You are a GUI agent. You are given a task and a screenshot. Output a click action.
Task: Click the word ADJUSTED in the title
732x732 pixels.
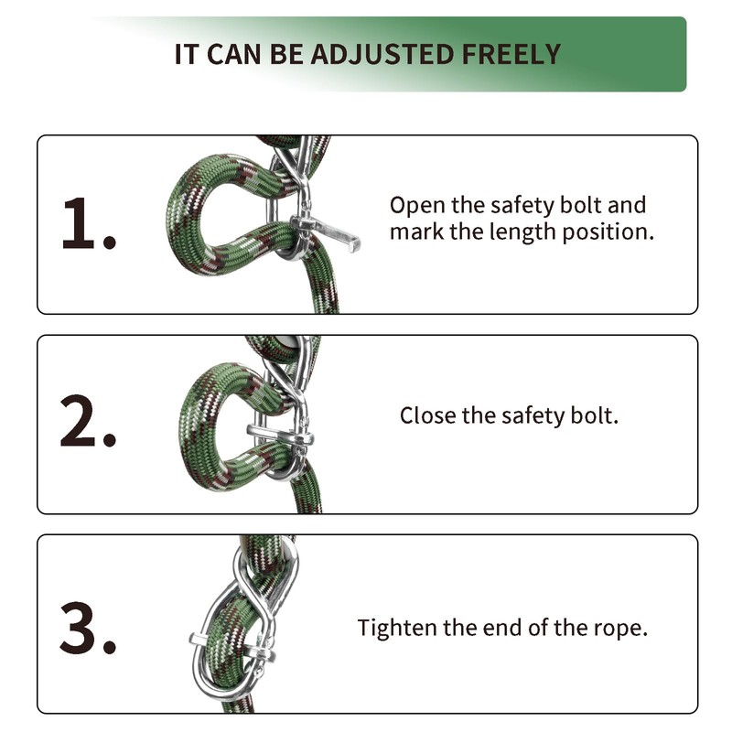pyautogui.click(x=382, y=54)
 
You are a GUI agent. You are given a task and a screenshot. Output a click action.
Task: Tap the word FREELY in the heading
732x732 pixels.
pyautogui.click(x=511, y=54)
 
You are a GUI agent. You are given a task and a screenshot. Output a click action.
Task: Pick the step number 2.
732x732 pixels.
pyautogui.click(x=88, y=421)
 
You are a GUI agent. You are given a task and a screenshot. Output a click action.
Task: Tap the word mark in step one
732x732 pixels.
pyautogui.click(x=416, y=231)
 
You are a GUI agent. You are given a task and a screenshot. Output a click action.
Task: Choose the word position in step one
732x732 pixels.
pyautogui.click(x=608, y=232)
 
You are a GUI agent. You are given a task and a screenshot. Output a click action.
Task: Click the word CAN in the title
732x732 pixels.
pyautogui.click(x=233, y=54)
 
